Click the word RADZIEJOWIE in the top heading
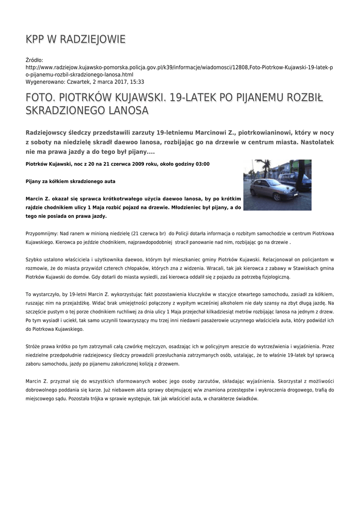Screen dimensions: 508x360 point(95,39)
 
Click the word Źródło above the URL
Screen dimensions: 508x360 point(34,60)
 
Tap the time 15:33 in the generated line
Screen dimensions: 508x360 point(136,81)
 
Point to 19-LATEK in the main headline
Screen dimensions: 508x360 point(191,98)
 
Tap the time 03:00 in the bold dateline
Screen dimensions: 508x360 point(201,164)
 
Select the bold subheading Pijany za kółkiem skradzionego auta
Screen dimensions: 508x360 point(71,182)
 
